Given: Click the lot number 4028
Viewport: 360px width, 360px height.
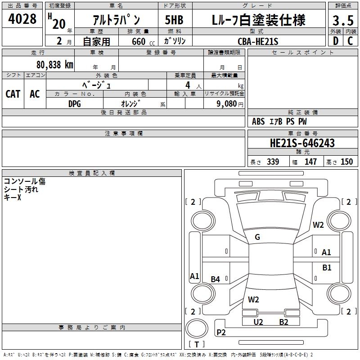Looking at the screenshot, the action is (22, 20).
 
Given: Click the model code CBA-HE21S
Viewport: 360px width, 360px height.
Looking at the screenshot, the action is (258, 41).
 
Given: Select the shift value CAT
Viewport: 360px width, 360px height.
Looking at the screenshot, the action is (13, 94).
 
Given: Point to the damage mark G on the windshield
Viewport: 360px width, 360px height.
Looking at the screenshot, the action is (257, 237).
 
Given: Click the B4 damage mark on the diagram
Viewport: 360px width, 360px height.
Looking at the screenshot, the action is (216, 279).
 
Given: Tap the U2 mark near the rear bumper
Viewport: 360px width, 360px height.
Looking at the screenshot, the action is (258, 322).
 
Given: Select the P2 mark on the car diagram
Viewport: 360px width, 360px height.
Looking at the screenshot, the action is (221, 333).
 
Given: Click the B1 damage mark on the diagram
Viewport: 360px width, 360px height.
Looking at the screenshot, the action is (327, 268).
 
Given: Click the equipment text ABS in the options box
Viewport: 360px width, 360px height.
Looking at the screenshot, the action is (258, 121).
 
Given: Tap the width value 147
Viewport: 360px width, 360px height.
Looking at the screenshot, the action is (310, 162).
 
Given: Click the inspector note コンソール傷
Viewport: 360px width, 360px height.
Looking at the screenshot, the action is (25, 181).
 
